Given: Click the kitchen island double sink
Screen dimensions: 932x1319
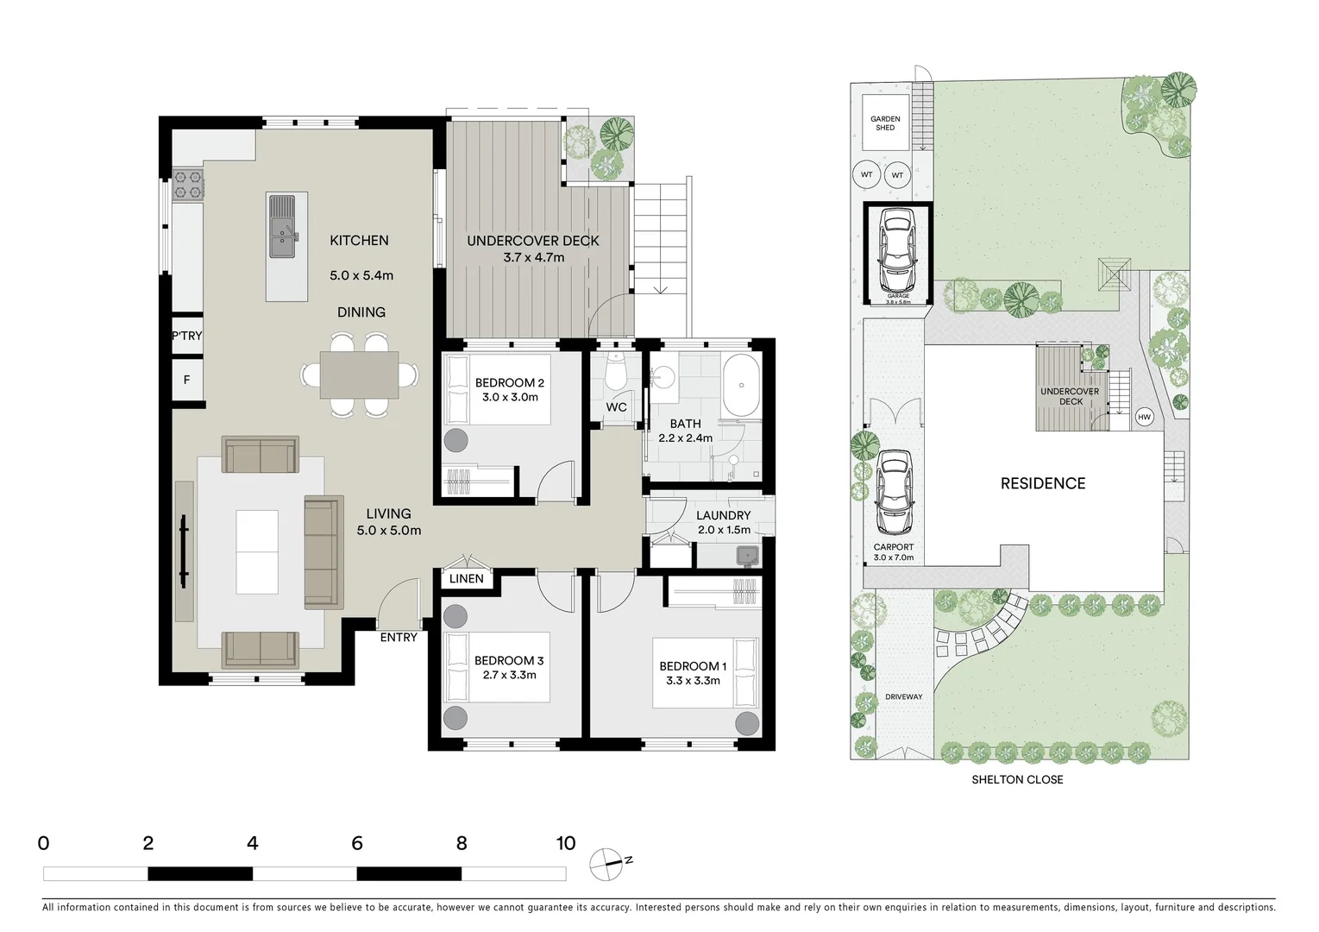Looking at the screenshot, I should (282, 227).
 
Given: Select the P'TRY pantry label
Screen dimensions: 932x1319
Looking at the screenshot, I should (186, 336).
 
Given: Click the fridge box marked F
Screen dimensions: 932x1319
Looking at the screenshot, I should (186, 380).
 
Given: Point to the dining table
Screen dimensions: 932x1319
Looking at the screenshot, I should (360, 375).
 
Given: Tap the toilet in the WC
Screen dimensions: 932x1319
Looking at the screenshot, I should (616, 374).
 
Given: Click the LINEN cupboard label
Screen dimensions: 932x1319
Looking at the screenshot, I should (466, 578).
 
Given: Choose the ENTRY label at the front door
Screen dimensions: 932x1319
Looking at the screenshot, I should (398, 638).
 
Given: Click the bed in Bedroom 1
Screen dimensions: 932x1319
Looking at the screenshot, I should (704, 673).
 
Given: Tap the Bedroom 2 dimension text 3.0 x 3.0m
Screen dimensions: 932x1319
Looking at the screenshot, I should (510, 398).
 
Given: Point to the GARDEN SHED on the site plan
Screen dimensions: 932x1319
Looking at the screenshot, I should (885, 123).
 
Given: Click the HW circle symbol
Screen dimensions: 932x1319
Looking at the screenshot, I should (1144, 418).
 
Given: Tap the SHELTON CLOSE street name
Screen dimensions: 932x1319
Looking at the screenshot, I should (1017, 779).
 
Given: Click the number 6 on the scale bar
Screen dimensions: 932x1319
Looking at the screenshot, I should (356, 843).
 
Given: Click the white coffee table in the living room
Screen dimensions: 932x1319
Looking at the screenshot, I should (257, 551).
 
